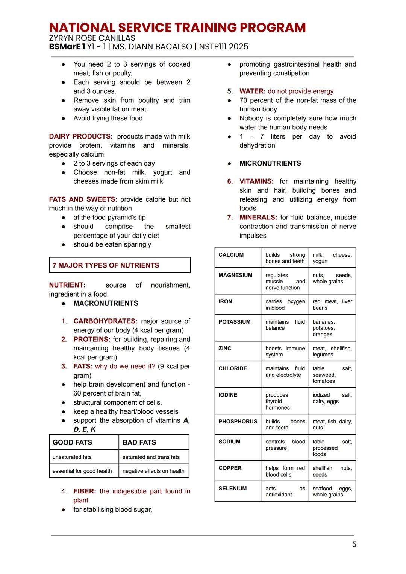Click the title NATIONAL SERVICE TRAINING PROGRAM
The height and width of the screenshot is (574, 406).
point(177,27)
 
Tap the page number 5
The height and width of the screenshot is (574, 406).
point(354,544)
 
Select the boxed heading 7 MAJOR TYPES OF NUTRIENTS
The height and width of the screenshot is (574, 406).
point(106,265)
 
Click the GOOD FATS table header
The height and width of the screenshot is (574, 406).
point(72,442)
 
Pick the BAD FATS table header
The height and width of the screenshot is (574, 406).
point(139,442)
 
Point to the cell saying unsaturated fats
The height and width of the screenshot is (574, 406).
point(72,457)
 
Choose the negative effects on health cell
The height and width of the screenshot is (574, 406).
point(153,471)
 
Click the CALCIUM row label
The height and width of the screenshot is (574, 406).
point(231,255)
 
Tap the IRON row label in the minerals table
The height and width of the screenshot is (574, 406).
point(226,301)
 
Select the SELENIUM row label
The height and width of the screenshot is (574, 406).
point(233,488)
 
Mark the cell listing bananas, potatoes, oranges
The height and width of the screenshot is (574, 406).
point(324,328)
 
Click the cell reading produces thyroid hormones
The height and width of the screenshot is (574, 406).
point(277,401)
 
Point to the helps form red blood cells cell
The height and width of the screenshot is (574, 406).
point(285,471)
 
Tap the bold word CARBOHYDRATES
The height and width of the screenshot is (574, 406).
point(105,321)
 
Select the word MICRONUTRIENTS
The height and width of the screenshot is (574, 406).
point(270,163)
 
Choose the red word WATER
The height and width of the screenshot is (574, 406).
point(252,91)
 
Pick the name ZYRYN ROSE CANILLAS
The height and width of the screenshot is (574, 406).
point(92,38)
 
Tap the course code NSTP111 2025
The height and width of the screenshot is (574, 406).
point(224,47)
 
